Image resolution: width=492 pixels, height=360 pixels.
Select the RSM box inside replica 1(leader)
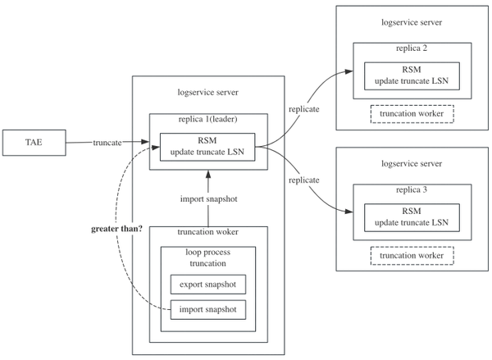208,146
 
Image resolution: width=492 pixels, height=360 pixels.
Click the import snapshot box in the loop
208,309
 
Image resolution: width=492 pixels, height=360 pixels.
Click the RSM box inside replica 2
412,75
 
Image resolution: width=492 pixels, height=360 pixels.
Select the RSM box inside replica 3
412,216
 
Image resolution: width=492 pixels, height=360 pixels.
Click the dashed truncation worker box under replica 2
412,114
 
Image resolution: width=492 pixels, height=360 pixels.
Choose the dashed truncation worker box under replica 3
412,256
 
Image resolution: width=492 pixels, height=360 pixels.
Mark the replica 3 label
412,191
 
